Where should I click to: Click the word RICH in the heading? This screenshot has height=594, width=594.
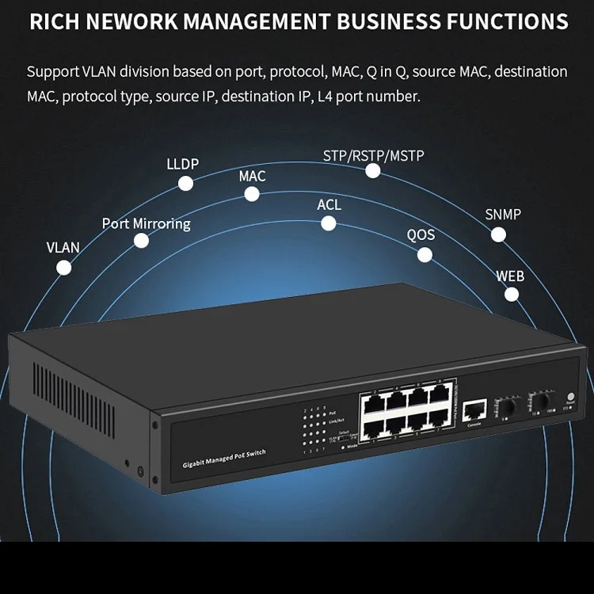pyautogui.click(x=54, y=21)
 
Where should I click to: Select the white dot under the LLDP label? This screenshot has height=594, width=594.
pyautogui.click(x=185, y=184)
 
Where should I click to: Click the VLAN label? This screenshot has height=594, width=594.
pyautogui.click(x=63, y=247)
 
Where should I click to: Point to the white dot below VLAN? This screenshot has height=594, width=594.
pyautogui.click(x=64, y=268)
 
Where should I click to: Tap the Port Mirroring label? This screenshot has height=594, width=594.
pyautogui.click(x=147, y=223)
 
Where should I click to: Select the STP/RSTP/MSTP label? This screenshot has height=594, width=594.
pyautogui.click(x=373, y=155)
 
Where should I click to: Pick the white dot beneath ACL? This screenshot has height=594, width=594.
pyautogui.click(x=329, y=224)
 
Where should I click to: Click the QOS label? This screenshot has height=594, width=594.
pyautogui.click(x=421, y=235)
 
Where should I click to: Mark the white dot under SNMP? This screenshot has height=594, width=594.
pyautogui.click(x=498, y=234)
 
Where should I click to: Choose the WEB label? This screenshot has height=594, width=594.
pyautogui.click(x=510, y=276)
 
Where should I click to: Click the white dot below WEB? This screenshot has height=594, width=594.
pyautogui.click(x=512, y=295)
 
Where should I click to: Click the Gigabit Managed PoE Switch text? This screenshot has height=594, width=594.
pyautogui.click(x=224, y=457)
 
